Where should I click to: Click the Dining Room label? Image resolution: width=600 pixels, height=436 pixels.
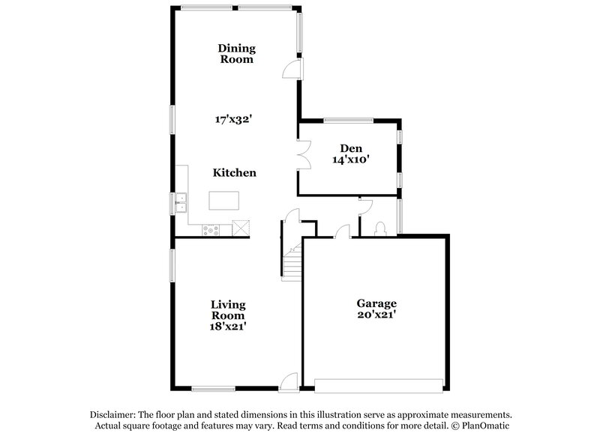click(236, 54)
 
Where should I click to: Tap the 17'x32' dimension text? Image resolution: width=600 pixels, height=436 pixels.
click(234, 118)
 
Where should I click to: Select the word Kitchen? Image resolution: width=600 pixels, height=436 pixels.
click(235, 173)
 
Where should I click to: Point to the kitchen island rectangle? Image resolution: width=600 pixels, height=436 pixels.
click(223, 200)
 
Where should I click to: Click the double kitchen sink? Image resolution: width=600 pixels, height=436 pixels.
click(181, 200)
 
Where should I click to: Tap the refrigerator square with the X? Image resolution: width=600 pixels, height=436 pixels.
click(241, 227)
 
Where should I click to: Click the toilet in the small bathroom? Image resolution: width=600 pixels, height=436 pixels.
click(380, 228)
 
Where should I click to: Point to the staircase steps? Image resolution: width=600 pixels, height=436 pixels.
click(291, 261)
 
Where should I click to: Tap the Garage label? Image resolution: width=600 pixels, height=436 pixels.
click(376, 303)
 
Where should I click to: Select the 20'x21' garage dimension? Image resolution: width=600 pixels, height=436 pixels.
click(376, 315)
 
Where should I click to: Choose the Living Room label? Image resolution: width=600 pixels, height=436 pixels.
click(228, 309)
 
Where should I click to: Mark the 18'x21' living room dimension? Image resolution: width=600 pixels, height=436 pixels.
click(228, 326)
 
